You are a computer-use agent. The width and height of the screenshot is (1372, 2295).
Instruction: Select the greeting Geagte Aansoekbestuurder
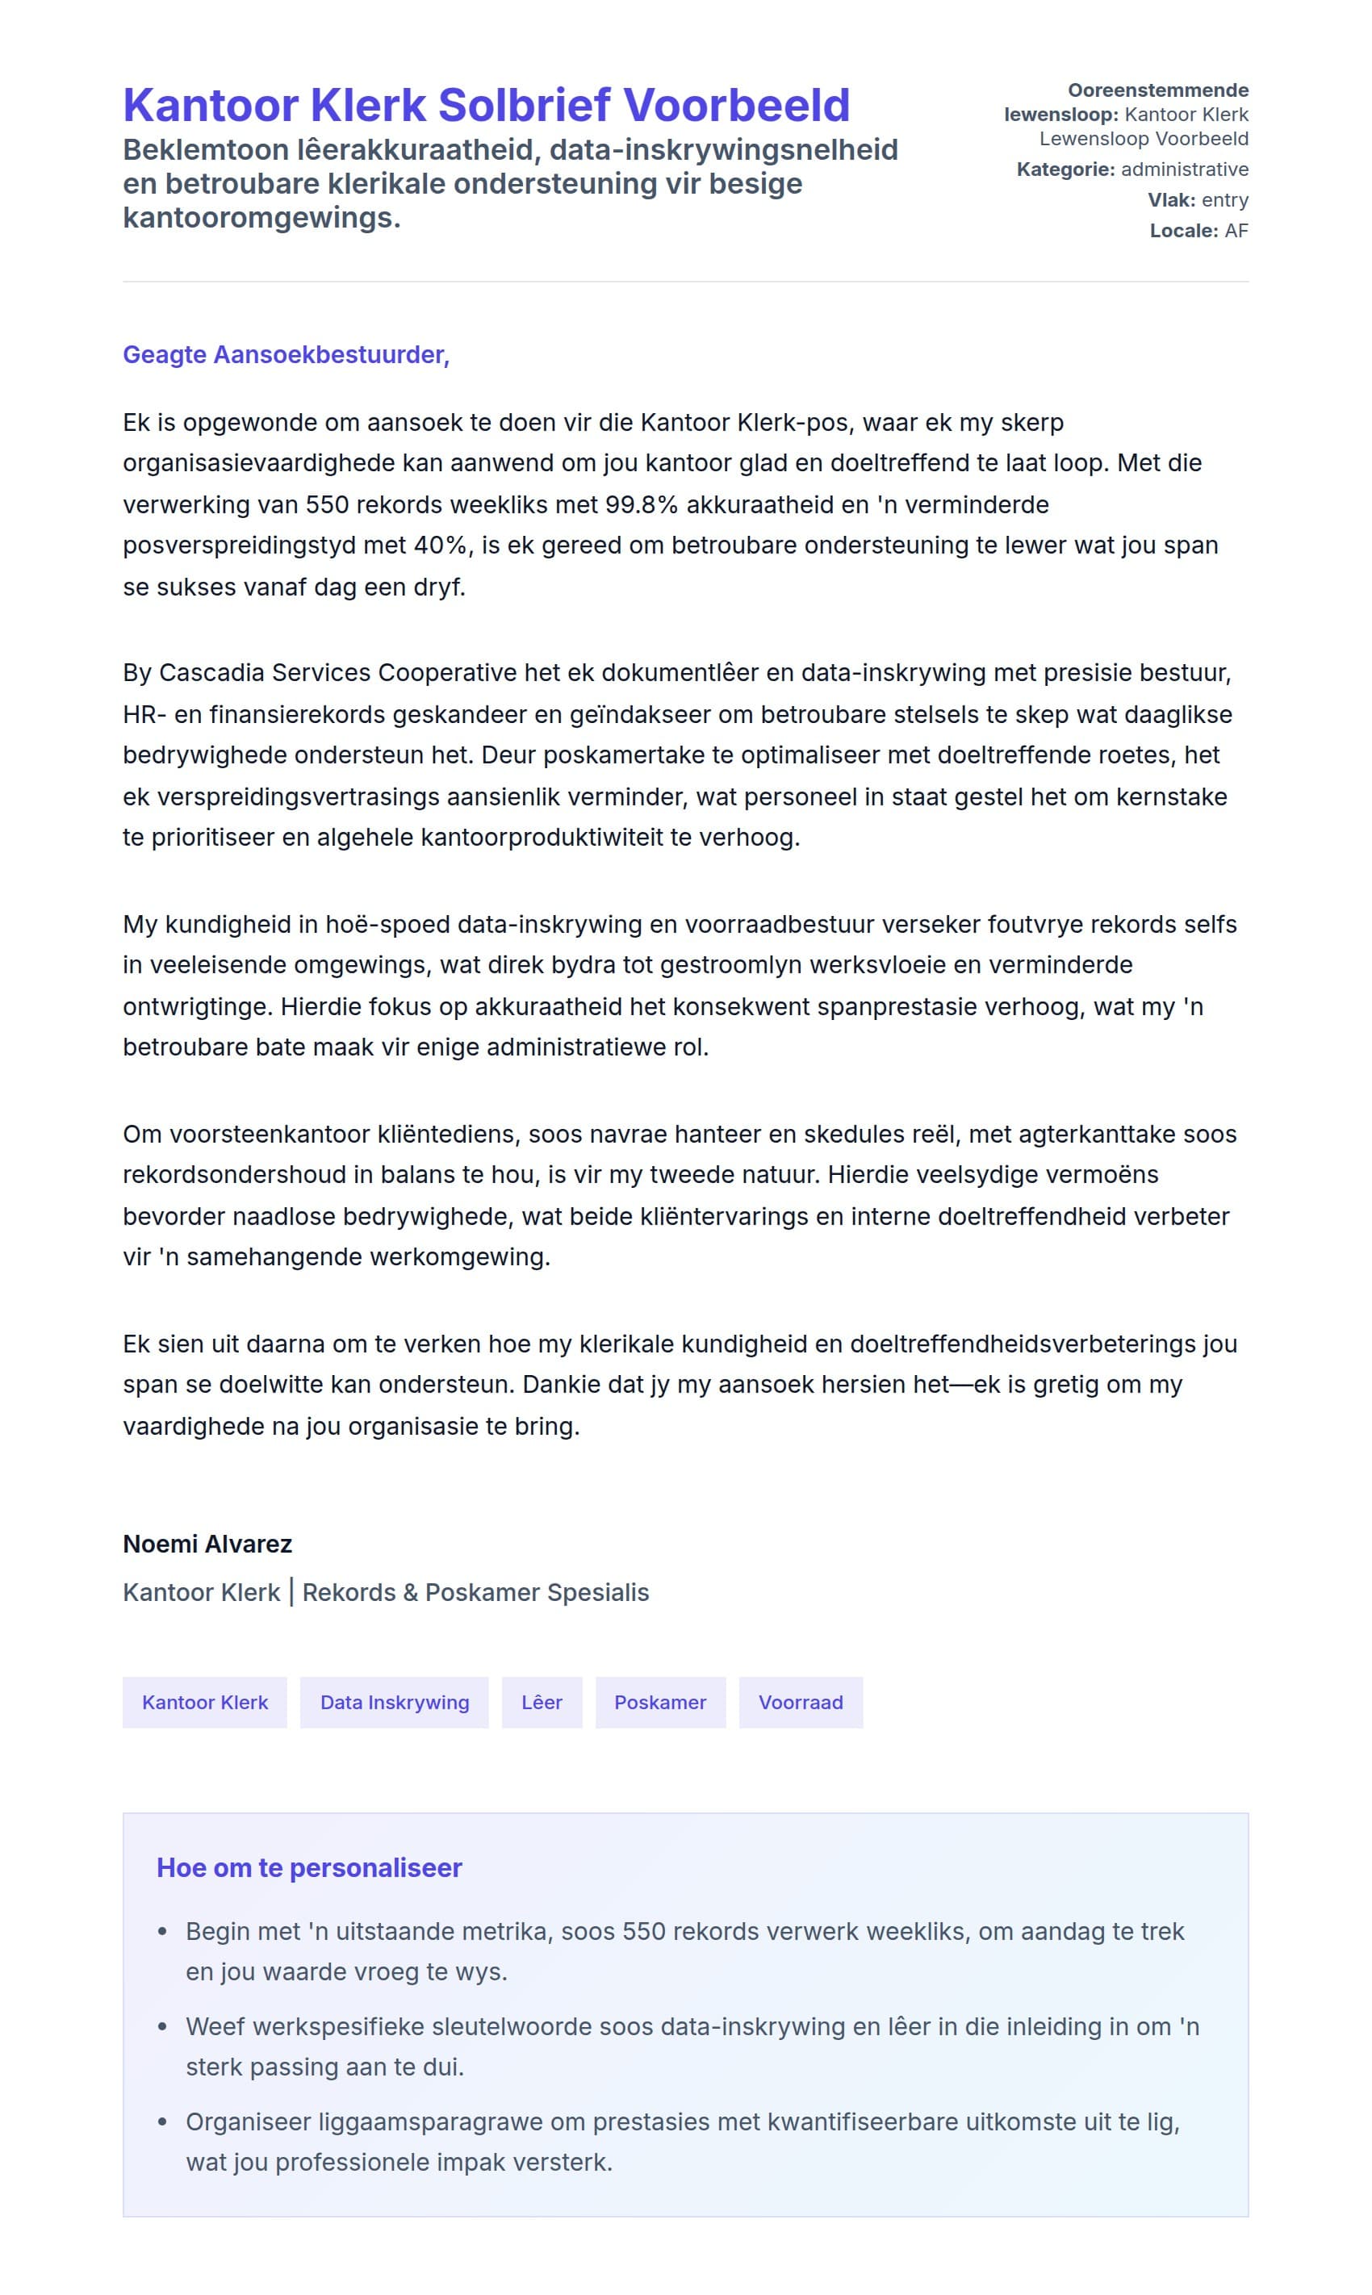[286, 355]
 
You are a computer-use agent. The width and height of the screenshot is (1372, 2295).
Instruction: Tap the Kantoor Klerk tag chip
[204, 1702]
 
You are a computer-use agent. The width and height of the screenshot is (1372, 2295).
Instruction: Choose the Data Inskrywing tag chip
[394, 1702]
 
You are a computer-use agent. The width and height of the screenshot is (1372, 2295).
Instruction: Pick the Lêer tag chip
[542, 1702]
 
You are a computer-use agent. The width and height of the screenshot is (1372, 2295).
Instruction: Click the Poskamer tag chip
[660, 1702]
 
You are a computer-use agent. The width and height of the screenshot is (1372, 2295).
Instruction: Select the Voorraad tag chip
[801, 1702]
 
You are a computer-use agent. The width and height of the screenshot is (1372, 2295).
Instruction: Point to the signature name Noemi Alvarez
[207, 1544]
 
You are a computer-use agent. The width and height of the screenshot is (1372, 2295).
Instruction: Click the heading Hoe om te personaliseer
[309, 1867]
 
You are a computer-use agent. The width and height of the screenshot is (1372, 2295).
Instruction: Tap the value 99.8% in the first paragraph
[642, 504]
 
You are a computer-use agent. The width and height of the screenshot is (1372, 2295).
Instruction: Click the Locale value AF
[1236, 231]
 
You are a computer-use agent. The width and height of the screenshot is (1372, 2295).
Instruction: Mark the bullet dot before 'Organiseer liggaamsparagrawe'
[163, 2122]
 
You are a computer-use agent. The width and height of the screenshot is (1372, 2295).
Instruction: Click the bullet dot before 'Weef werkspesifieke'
[163, 2026]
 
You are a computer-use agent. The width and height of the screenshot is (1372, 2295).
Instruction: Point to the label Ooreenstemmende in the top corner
[1157, 90]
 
